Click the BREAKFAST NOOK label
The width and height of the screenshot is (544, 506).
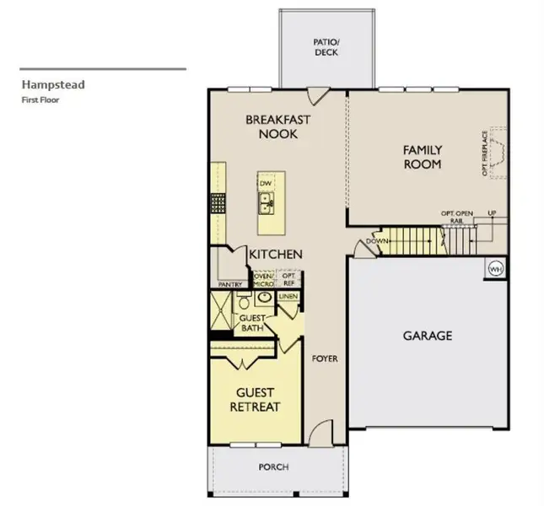point(277,126)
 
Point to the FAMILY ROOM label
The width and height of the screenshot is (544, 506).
point(422,157)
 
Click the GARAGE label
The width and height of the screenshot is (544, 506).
point(427,335)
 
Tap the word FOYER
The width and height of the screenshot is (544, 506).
point(325,358)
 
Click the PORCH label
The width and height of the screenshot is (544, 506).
point(274,466)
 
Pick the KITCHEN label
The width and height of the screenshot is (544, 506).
point(276,254)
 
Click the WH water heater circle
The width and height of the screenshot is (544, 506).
point(495,268)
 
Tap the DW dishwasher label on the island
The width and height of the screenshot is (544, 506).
point(266,183)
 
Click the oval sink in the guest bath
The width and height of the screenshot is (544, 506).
point(263,298)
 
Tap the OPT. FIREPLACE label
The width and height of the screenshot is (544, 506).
point(484,153)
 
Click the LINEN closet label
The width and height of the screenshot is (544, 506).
point(288,296)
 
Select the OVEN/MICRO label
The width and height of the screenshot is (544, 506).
point(263,278)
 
